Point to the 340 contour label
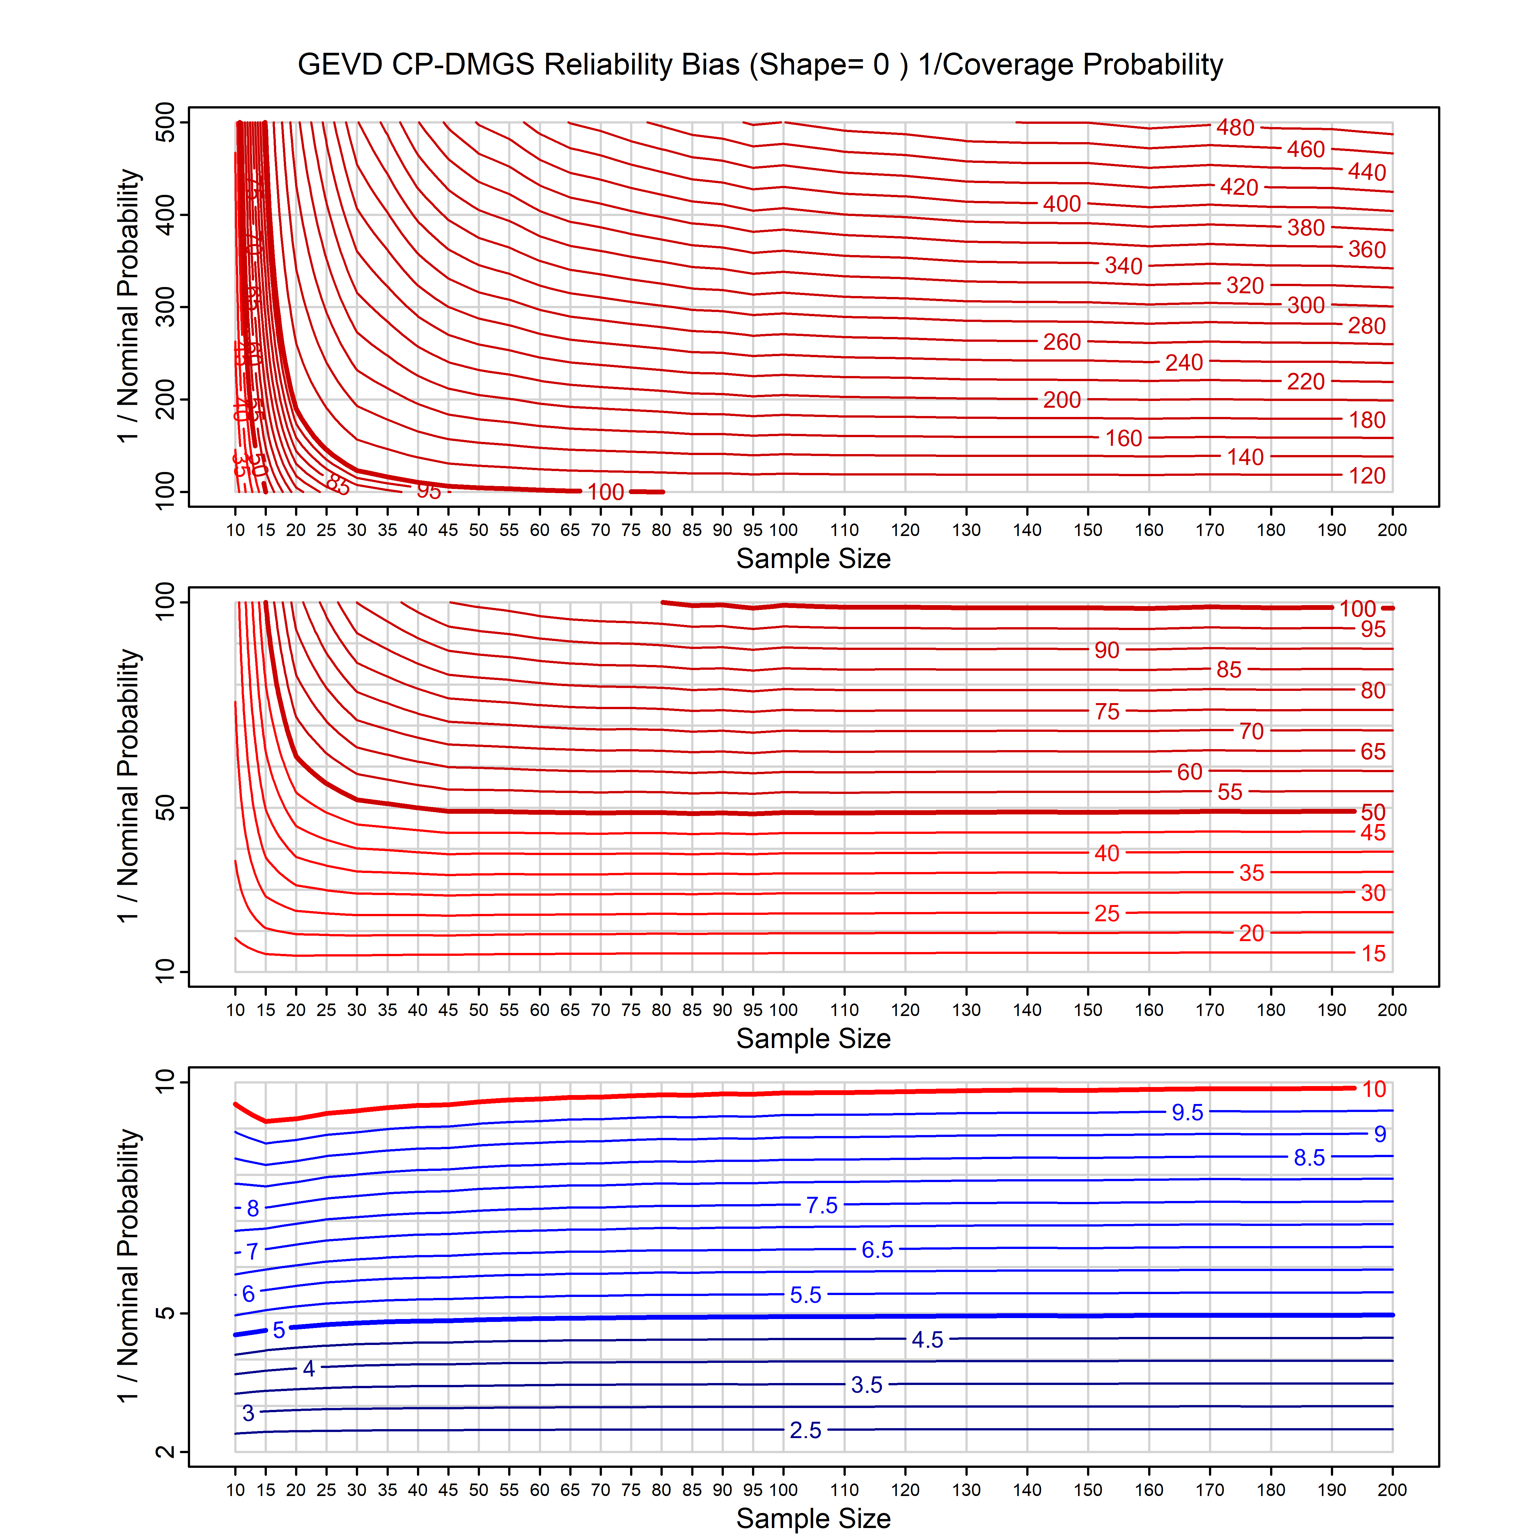tap(1123, 266)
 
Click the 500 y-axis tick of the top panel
tap(165, 123)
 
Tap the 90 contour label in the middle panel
tap(1106, 650)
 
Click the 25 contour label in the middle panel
tap(1106, 914)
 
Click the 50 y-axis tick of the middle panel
tap(165, 809)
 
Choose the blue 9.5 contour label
tap(1187, 1112)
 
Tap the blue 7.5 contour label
tap(821, 1205)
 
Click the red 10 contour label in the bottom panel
tap(1374, 1089)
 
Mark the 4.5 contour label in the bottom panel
tap(927, 1340)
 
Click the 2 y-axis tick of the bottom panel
tap(165, 1452)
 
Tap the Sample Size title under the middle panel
tap(813, 1038)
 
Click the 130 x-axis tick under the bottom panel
tap(966, 1490)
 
